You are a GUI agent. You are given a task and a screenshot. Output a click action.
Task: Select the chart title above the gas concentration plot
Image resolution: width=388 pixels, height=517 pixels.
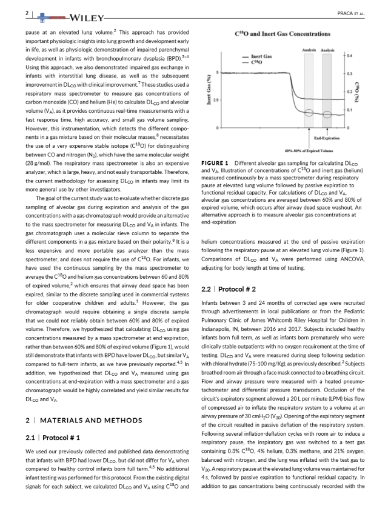tap(283, 33)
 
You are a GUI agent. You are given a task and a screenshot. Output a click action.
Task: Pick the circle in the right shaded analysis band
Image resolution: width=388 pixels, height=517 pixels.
tap(327, 114)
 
